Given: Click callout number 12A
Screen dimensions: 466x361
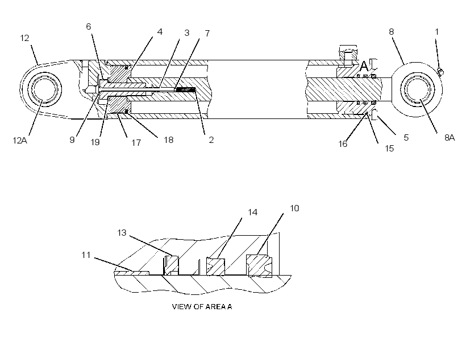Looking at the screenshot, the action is tap(20, 140).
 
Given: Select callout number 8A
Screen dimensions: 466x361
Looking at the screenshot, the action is tap(450, 138).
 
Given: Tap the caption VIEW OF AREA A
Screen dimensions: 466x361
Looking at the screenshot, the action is tap(202, 306).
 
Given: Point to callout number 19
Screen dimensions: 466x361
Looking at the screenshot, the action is tap(95, 142).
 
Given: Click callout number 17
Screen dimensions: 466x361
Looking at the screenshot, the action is tap(136, 143).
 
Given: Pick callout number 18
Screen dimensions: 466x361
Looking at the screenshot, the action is tap(169, 140).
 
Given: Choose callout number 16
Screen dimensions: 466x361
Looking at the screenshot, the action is tap(343, 144).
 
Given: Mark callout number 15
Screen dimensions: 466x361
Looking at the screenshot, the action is tap(389, 149).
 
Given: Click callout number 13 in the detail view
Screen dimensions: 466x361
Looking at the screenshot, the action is tap(122, 233).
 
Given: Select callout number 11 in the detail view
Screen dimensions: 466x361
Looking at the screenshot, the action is tap(86, 255).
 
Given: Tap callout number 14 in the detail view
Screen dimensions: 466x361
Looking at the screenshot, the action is tap(253, 212).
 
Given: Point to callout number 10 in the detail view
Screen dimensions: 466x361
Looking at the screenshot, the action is tap(294, 208).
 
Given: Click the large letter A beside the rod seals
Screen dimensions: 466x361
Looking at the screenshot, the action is tap(364, 66).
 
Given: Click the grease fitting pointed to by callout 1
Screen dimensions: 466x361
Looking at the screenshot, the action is tap(440, 72).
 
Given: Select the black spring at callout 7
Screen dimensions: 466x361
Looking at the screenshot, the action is tap(185, 89).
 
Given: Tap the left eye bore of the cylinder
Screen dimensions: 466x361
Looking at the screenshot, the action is tap(45, 89).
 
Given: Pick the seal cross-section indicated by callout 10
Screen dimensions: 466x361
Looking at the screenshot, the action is tap(259, 266).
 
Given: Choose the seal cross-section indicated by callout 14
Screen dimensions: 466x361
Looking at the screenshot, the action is tap(215, 267).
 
